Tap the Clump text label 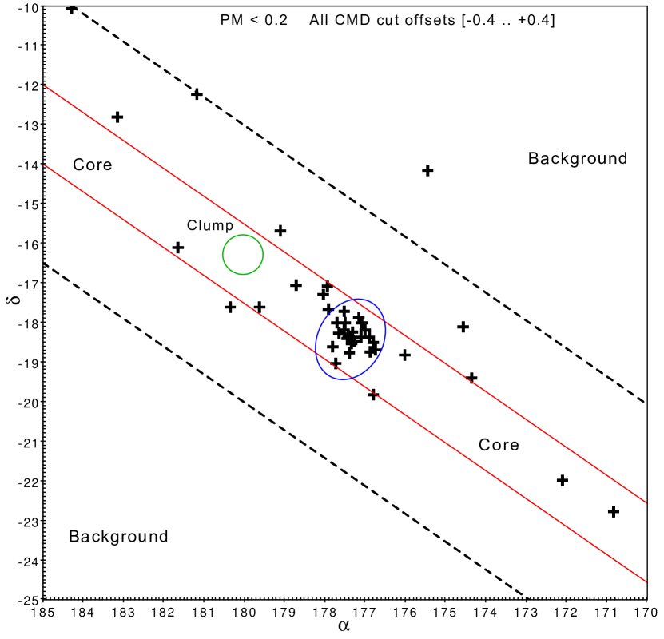[x=210, y=225]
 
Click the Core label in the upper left [x=93, y=165]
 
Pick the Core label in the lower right [x=499, y=445]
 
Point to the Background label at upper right [x=578, y=158]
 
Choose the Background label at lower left [x=118, y=536]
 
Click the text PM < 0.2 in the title [x=253, y=19]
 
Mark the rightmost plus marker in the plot [x=614, y=511]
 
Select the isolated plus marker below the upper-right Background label [x=427, y=170]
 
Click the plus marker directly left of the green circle [x=178, y=248]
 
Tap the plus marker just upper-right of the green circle [x=280, y=231]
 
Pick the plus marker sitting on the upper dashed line [x=197, y=94]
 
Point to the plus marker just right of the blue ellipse [x=404, y=355]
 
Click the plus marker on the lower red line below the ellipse [x=372, y=395]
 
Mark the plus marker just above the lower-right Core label [x=471, y=377]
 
